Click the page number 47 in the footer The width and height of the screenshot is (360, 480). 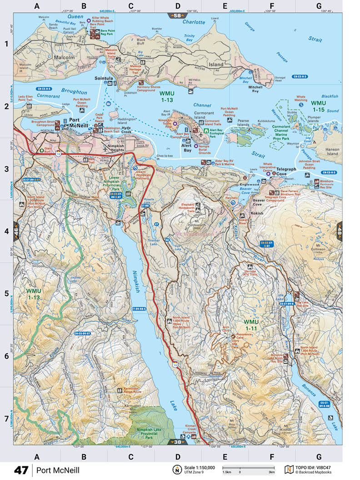point(21,470)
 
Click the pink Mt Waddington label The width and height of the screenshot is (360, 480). point(194,234)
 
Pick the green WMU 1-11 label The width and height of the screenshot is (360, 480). point(251,325)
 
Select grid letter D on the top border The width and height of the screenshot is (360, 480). point(177,6)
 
